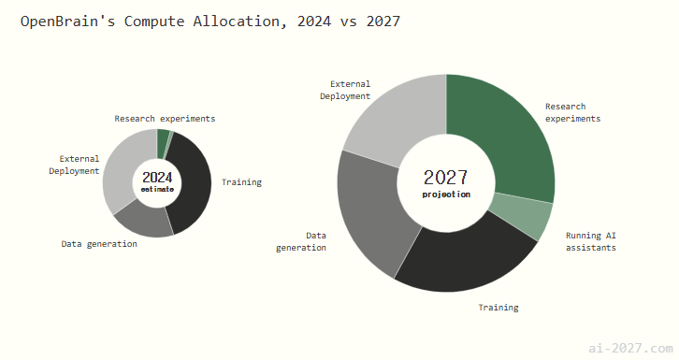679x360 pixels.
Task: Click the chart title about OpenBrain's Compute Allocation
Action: pyautogui.click(x=210, y=22)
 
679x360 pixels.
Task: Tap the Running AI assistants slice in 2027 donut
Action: pyautogui.click(x=523, y=215)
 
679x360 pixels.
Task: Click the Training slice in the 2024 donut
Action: pyautogui.click(x=193, y=186)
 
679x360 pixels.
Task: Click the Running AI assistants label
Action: pyautogui.click(x=591, y=241)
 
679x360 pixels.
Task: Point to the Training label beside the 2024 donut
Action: pyautogui.click(x=241, y=182)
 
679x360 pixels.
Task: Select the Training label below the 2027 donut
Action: pyautogui.click(x=498, y=308)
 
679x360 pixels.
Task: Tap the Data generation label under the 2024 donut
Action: pyautogui.click(x=99, y=244)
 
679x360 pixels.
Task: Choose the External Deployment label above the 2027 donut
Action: pyautogui.click(x=345, y=90)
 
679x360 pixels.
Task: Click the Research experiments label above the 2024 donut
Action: pyautogui.click(x=165, y=119)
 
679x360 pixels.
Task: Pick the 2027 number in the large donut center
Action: pyautogui.click(x=446, y=178)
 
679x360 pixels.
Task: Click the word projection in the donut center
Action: pyautogui.click(x=446, y=194)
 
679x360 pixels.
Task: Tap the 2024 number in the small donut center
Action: pyautogui.click(x=157, y=178)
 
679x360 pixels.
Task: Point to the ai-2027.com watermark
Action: pyautogui.click(x=630, y=349)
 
